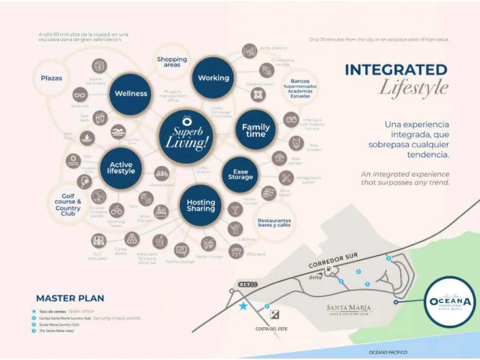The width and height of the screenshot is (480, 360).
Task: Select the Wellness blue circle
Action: [131, 94]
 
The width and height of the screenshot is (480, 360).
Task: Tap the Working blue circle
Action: [213, 78]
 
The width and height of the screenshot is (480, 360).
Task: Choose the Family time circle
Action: [255, 130]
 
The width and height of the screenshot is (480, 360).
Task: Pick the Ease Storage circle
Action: [240, 174]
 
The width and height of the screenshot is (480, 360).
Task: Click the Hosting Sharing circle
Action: [201, 206]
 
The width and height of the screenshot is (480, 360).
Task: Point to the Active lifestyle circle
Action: [121, 167]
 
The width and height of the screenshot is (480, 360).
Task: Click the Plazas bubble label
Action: [51, 78]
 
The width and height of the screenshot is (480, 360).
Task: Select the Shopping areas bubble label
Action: [172, 62]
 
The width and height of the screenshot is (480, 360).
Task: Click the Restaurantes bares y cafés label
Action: [274, 222]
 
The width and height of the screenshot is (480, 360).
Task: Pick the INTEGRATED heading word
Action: [395, 70]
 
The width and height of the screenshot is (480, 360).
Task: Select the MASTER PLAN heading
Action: [70, 298]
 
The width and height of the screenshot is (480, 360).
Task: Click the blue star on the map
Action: [243, 306]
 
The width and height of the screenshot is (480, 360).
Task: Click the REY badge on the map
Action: [245, 283]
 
